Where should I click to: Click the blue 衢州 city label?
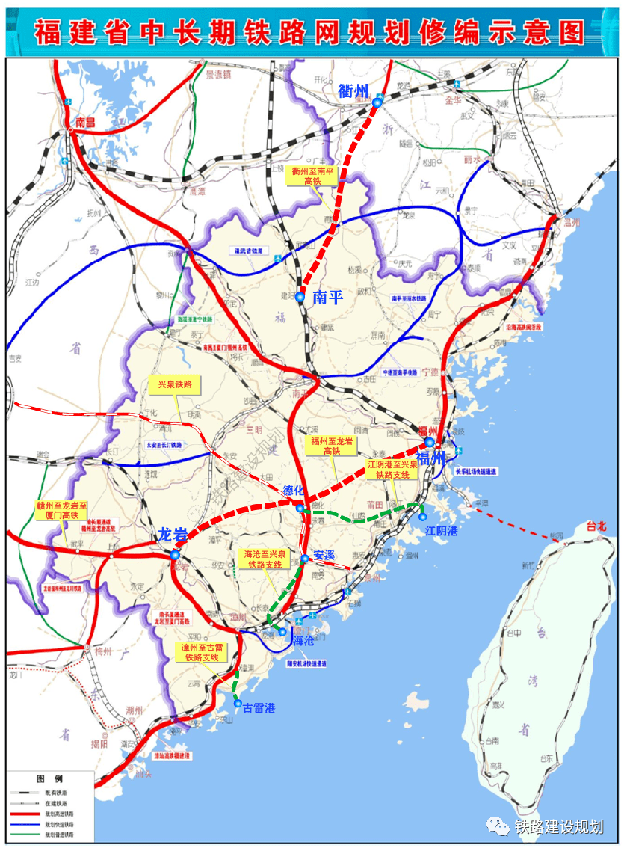(x=353, y=91)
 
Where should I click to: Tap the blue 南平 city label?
(x=327, y=297)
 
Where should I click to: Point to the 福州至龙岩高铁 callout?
(x=332, y=446)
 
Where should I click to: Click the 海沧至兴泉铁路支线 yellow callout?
(x=264, y=559)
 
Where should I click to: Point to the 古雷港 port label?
(x=259, y=707)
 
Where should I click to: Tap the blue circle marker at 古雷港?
(x=238, y=704)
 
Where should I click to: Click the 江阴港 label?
(x=441, y=530)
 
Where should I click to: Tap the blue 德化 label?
(x=294, y=491)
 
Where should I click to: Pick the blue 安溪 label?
(x=324, y=556)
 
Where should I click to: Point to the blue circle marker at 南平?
(x=300, y=298)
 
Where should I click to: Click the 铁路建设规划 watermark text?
(x=558, y=826)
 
